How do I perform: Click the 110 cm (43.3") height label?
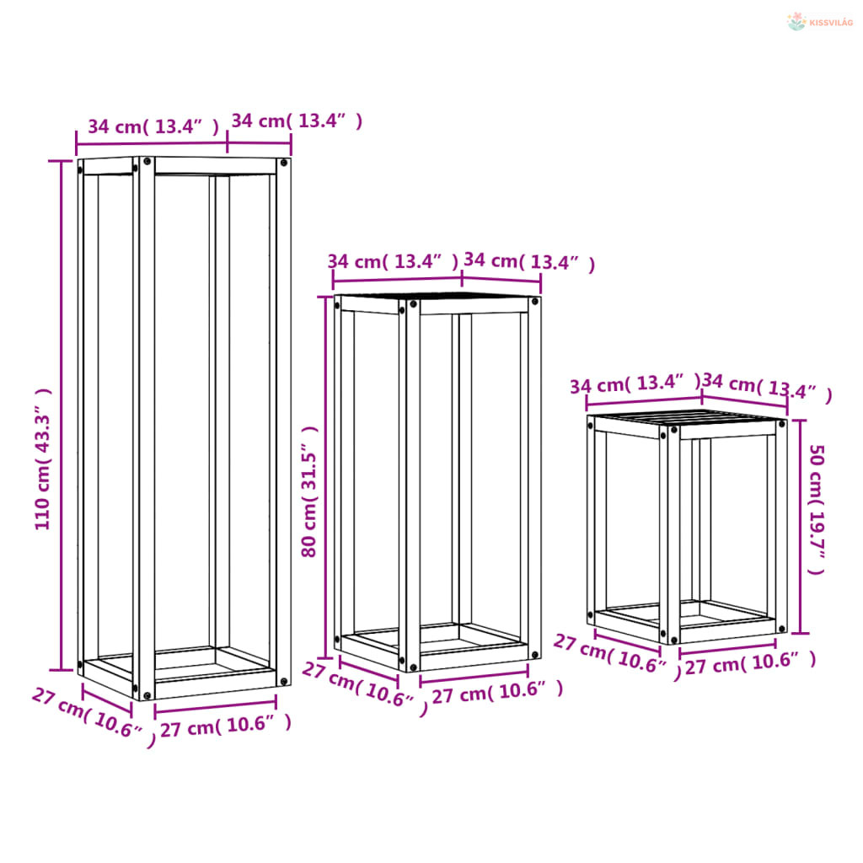click(43, 459)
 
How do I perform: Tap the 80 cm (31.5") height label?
click(309, 491)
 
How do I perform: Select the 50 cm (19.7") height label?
click(817, 510)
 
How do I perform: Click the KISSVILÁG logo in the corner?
click(819, 21)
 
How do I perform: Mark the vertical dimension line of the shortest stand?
click(800, 527)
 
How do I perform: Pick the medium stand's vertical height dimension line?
click(325, 477)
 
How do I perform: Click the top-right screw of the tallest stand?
click(283, 163)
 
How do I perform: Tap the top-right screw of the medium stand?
click(533, 302)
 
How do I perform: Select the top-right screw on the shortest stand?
click(781, 424)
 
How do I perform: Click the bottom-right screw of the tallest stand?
click(283, 682)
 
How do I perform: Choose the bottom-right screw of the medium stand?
click(533, 655)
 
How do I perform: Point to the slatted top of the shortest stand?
click(688, 416)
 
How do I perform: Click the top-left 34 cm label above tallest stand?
click(153, 126)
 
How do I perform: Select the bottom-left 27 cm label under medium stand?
click(365, 689)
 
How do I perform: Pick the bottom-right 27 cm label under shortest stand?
click(750, 663)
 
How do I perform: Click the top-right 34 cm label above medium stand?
click(529, 261)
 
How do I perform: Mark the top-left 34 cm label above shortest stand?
click(635, 383)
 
